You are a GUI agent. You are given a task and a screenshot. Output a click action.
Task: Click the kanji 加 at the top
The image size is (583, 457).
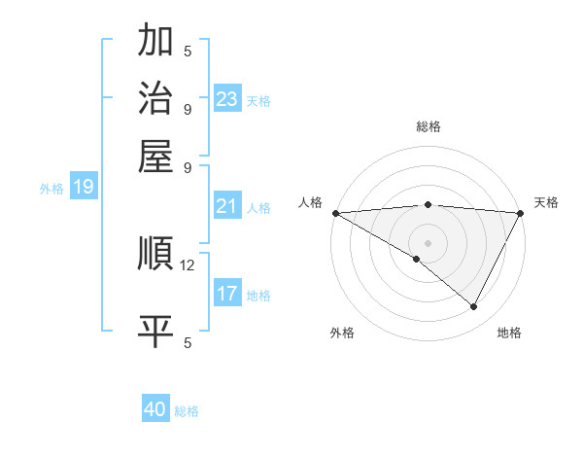(155, 42)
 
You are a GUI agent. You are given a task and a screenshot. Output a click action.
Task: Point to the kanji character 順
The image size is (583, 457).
(155, 254)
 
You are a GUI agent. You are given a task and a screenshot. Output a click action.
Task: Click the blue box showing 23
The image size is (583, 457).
(227, 99)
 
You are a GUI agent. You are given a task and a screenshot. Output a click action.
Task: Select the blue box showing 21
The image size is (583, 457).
(227, 206)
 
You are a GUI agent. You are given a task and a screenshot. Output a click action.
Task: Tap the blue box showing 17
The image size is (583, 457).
(227, 294)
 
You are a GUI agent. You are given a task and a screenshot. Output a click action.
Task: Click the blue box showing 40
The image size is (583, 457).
(155, 409)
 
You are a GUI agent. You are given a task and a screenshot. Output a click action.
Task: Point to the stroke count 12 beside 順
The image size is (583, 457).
(188, 264)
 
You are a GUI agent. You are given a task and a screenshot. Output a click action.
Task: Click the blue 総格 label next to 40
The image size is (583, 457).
(188, 411)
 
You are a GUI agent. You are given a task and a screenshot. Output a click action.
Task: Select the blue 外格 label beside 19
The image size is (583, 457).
(51, 189)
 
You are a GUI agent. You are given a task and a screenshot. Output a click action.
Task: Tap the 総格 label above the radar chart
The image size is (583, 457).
(428, 126)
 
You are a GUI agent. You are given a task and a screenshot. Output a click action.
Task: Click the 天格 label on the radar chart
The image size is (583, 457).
(546, 202)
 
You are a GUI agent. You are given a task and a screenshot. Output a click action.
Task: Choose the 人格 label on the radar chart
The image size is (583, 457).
(311, 202)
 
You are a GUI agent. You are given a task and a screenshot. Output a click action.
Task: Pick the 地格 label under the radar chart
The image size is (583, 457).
(509, 333)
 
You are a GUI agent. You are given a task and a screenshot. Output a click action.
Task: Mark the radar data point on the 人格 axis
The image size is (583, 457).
(335, 213)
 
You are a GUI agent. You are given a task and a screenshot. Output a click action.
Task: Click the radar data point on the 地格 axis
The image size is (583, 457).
(474, 307)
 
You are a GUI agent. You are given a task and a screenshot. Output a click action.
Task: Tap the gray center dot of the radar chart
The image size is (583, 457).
(428, 242)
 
